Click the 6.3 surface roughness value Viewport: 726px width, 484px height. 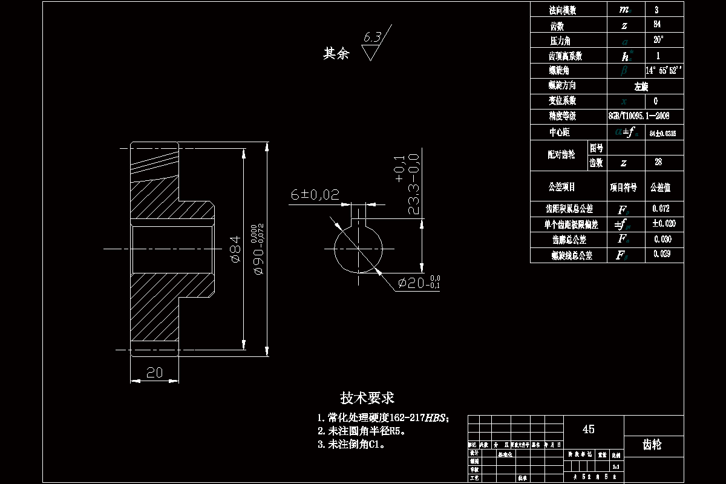click(x=371, y=38)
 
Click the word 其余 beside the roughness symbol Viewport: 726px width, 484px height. click(x=336, y=54)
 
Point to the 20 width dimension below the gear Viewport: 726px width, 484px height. click(x=155, y=373)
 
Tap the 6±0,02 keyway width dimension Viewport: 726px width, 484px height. click(x=315, y=195)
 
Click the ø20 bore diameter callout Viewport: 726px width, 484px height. click(x=417, y=283)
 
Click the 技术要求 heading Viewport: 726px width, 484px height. click(x=367, y=397)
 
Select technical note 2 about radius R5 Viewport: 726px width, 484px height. click(x=361, y=431)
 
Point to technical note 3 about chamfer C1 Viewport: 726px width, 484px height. click(x=352, y=444)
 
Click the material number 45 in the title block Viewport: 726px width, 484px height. click(x=588, y=429)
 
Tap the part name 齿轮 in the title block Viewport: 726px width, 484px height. click(x=652, y=445)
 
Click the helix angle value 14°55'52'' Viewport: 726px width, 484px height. click(x=664, y=70)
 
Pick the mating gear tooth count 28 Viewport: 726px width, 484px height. click(x=658, y=163)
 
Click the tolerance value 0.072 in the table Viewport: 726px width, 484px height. click(x=662, y=209)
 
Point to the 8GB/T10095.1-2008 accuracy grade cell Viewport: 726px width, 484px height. click(x=638, y=116)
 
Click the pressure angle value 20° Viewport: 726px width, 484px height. click(x=658, y=40)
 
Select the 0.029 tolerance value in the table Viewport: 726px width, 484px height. click(x=662, y=255)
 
